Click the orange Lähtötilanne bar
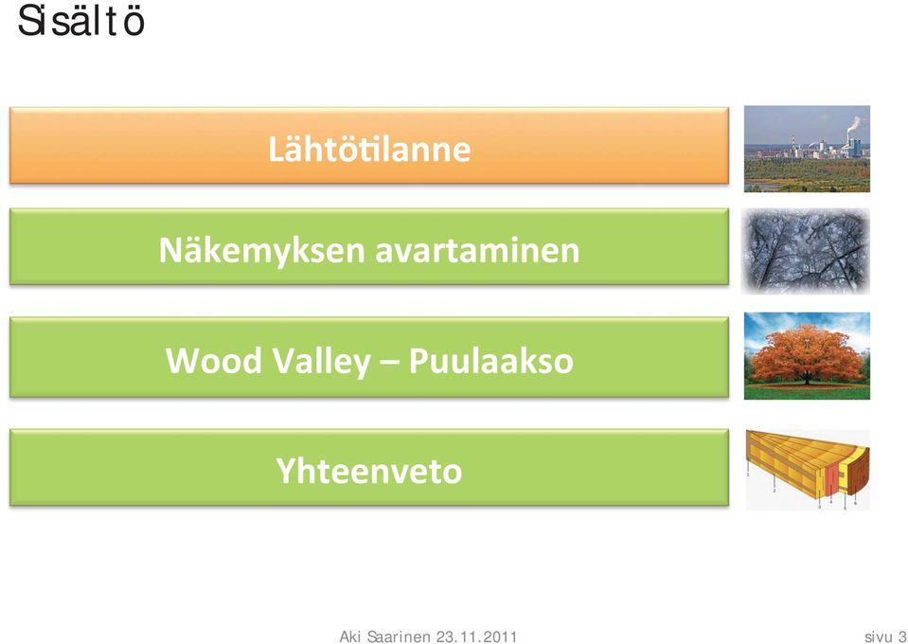(369, 145)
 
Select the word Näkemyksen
(262, 252)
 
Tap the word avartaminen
(477, 251)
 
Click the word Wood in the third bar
(214, 360)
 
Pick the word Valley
(321, 362)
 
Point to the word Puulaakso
(491, 360)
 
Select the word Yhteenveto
(369, 471)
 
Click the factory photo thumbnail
(807, 149)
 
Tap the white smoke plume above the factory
(852, 125)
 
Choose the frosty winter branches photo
(806, 251)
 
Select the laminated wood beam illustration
(808, 470)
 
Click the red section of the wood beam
(831, 481)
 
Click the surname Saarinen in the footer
(400, 637)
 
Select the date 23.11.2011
(476, 637)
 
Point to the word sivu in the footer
(879, 637)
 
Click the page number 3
(902, 637)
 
